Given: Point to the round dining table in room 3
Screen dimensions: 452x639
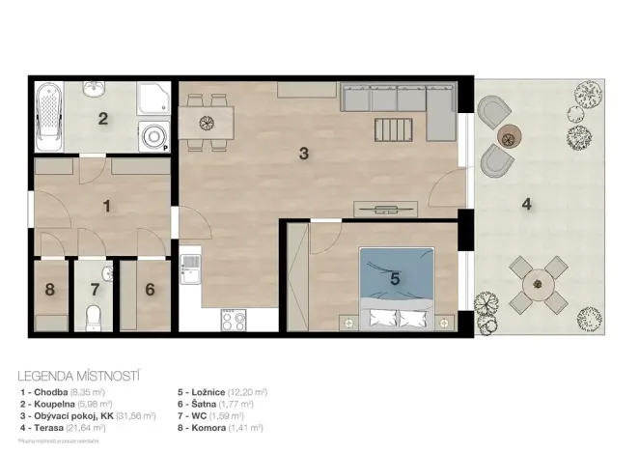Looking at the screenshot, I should [205, 122].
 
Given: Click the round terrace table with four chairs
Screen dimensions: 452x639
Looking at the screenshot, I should [538, 284].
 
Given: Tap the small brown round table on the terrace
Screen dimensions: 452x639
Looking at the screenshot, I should [508, 135].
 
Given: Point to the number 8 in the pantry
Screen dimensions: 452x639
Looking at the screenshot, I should [49, 288].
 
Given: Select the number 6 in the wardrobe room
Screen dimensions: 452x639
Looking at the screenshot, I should [150, 288].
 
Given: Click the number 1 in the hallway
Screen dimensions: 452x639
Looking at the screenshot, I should [106, 205].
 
